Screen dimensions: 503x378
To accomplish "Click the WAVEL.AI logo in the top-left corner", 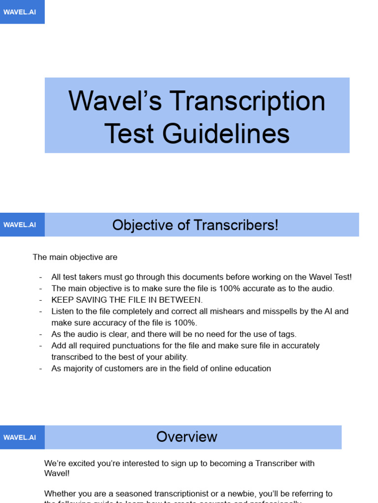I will (x=20, y=12).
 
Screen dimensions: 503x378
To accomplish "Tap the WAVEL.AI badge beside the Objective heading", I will (x=20, y=224).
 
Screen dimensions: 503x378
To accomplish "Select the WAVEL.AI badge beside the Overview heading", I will (x=20, y=437).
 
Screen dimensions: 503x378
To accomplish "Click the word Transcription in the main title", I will (x=248, y=101).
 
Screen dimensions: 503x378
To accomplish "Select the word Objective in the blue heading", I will (x=142, y=225).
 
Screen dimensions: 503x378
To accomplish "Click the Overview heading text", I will (x=187, y=437).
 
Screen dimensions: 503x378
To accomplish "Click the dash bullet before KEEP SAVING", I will (x=40, y=300).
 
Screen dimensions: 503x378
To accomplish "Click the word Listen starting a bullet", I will (x=62, y=311).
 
